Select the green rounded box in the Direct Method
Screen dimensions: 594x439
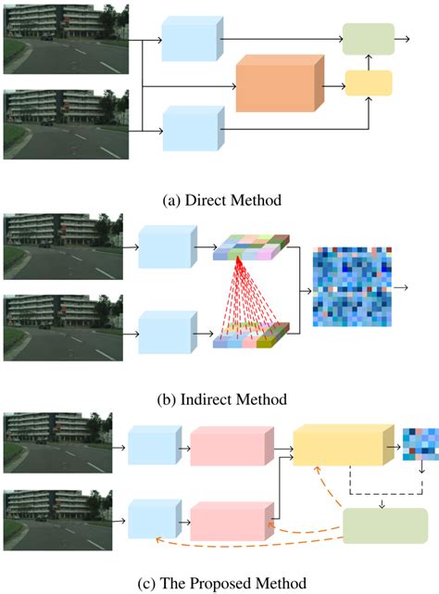(x=368, y=40)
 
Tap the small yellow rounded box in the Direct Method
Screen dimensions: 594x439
(x=368, y=83)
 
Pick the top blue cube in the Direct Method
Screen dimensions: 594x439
(x=193, y=40)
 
